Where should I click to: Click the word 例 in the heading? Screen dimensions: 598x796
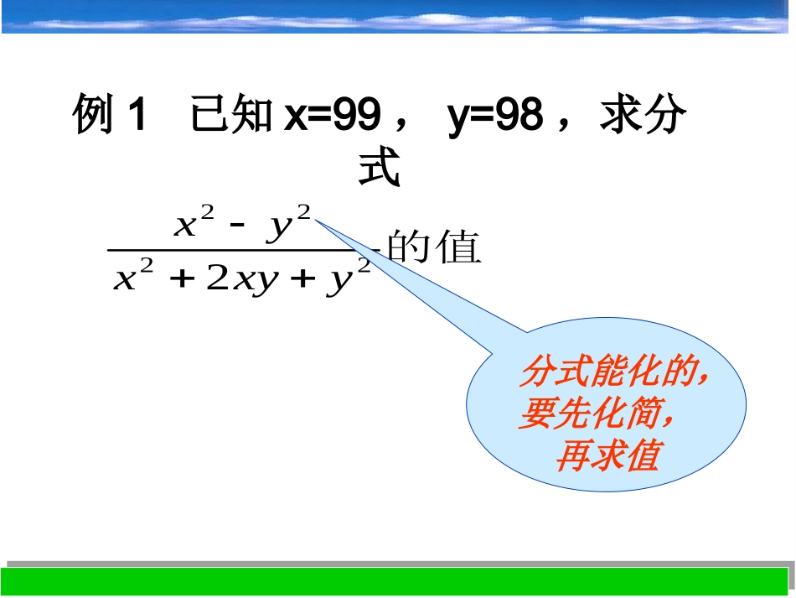pyautogui.click(x=93, y=116)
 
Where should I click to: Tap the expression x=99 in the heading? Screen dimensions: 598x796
pyautogui.click(x=332, y=116)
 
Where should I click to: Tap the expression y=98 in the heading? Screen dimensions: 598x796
pyautogui.click(x=495, y=116)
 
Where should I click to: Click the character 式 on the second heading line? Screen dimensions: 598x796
pyautogui.click(x=380, y=168)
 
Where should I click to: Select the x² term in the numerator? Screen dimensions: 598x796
pyautogui.click(x=194, y=224)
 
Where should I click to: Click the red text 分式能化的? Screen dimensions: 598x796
pyautogui.click(x=610, y=372)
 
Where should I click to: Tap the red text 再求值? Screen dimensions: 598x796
pyautogui.click(x=607, y=455)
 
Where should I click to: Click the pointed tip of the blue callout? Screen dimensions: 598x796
pyautogui.click(x=317, y=220)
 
